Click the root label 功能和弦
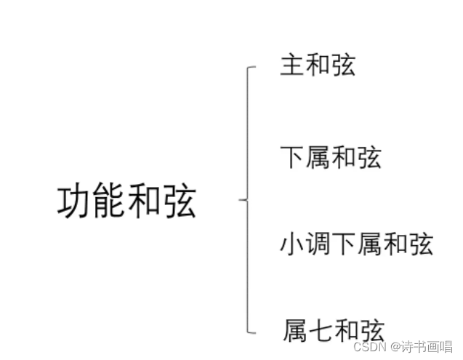[126, 201]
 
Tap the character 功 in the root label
[75, 201]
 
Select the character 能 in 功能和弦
[110, 201]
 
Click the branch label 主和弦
[318, 66]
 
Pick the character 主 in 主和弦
[292, 66]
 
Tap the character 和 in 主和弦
[318, 66]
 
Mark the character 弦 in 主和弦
[343, 66]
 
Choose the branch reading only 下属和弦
[331, 157]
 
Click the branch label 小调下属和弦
[356, 244]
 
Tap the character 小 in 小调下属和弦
[292, 244]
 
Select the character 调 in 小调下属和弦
[318, 244]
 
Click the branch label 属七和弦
[331, 331]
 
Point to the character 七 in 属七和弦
[318, 331]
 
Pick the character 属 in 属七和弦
[292, 331]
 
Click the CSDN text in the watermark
[358, 348]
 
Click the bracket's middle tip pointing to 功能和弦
[241, 198]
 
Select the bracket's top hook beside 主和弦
[252, 68]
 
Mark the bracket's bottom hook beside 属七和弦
[252, 332]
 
